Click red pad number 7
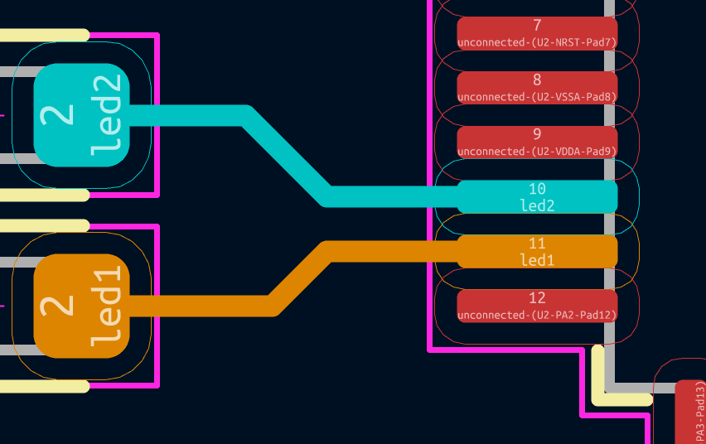tap(537, 33)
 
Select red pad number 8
tap(537, 88)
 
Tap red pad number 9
tap(537, 142)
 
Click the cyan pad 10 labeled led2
tap(537, 196)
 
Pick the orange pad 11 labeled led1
tap(537, 251)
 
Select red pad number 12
tap(537, 306)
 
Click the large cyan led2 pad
tap(81, 115)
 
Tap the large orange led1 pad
tap(81, 306)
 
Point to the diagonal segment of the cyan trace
tap(286, 157)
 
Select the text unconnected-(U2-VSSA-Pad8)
tap(537, 97)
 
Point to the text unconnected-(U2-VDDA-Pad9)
tap(537, 152)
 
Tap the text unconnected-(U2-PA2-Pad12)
tap(537, 316)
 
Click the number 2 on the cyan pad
tap(58, 115)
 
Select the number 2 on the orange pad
tap(58, 306)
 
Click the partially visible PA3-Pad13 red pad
tap(692, 412)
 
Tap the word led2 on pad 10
tap(537, 205)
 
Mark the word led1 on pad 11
tap(537, 260)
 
